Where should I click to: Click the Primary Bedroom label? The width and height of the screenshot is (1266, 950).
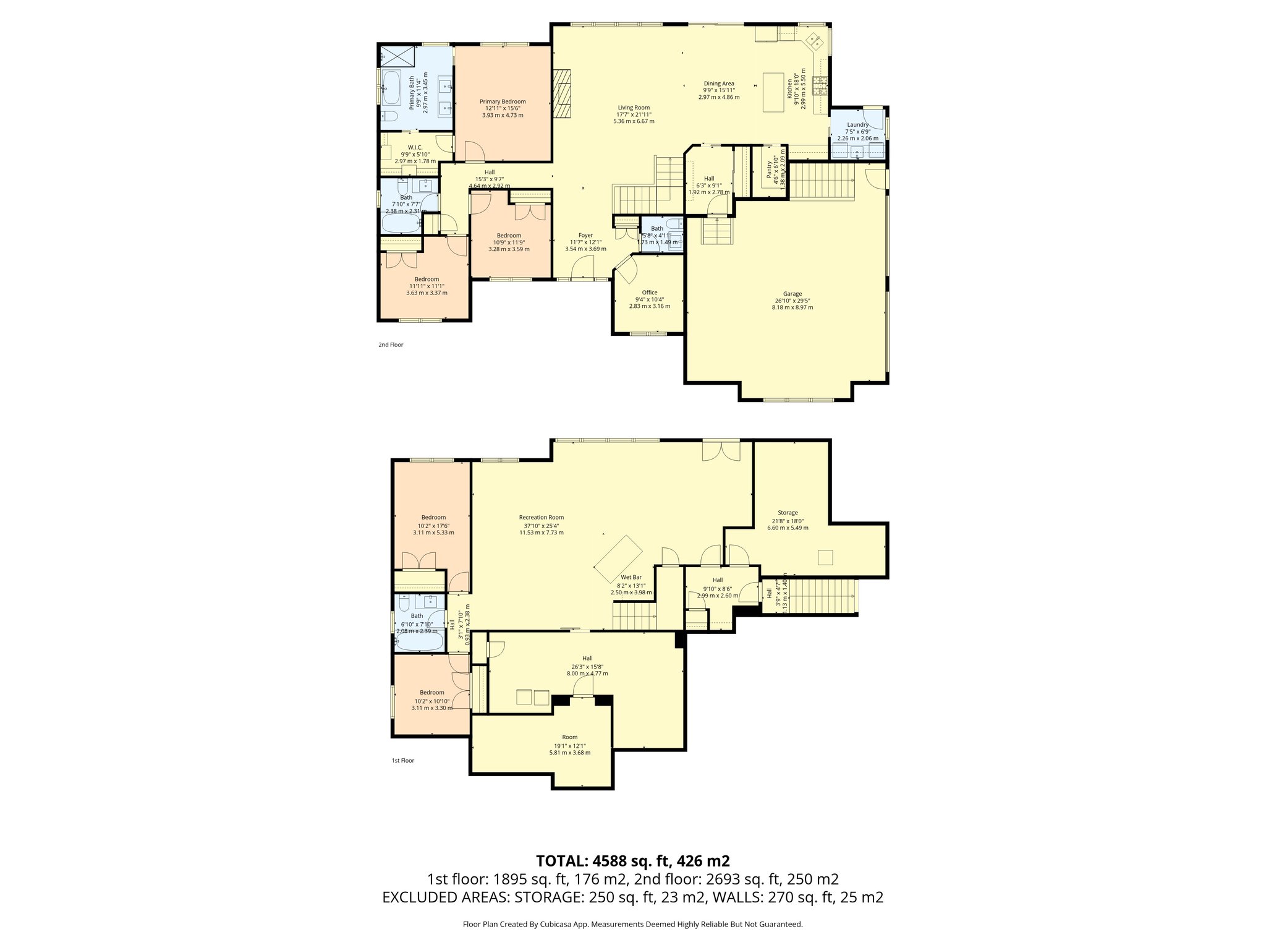click(x=503, y=101)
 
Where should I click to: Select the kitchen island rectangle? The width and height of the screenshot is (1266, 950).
click(x=773, y=92)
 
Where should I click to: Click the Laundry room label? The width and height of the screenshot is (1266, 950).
click(x=857, y=124)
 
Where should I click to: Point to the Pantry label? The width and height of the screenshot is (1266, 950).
click(x=770, y=169)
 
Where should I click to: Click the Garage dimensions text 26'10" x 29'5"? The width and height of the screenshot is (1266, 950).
click(x=792, y=301)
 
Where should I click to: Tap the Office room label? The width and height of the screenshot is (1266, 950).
click(x=649, y=293)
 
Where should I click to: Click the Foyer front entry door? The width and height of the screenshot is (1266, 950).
click(x=582, y=270)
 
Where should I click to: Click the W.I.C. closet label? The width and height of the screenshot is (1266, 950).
click(x=415, y=147)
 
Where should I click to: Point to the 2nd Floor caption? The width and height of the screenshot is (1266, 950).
click(x=391, y=344)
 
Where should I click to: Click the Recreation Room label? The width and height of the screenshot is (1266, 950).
click(x=541, y=518)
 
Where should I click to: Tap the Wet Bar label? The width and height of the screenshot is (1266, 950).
click(x=631, y=577)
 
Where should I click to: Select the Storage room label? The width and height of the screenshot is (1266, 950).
click(x=788, y=513)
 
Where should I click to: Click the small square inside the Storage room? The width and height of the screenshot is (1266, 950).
click(x=826, y=557)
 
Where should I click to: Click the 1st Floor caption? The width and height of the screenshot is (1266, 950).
click(x=402, y=760)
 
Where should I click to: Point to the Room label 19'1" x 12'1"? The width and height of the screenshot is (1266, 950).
click(x=569, y=737)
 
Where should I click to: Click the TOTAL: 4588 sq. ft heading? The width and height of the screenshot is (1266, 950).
click(x=632, y=861)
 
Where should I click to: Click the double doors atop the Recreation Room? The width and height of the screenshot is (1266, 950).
click(x=721, y=450)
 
